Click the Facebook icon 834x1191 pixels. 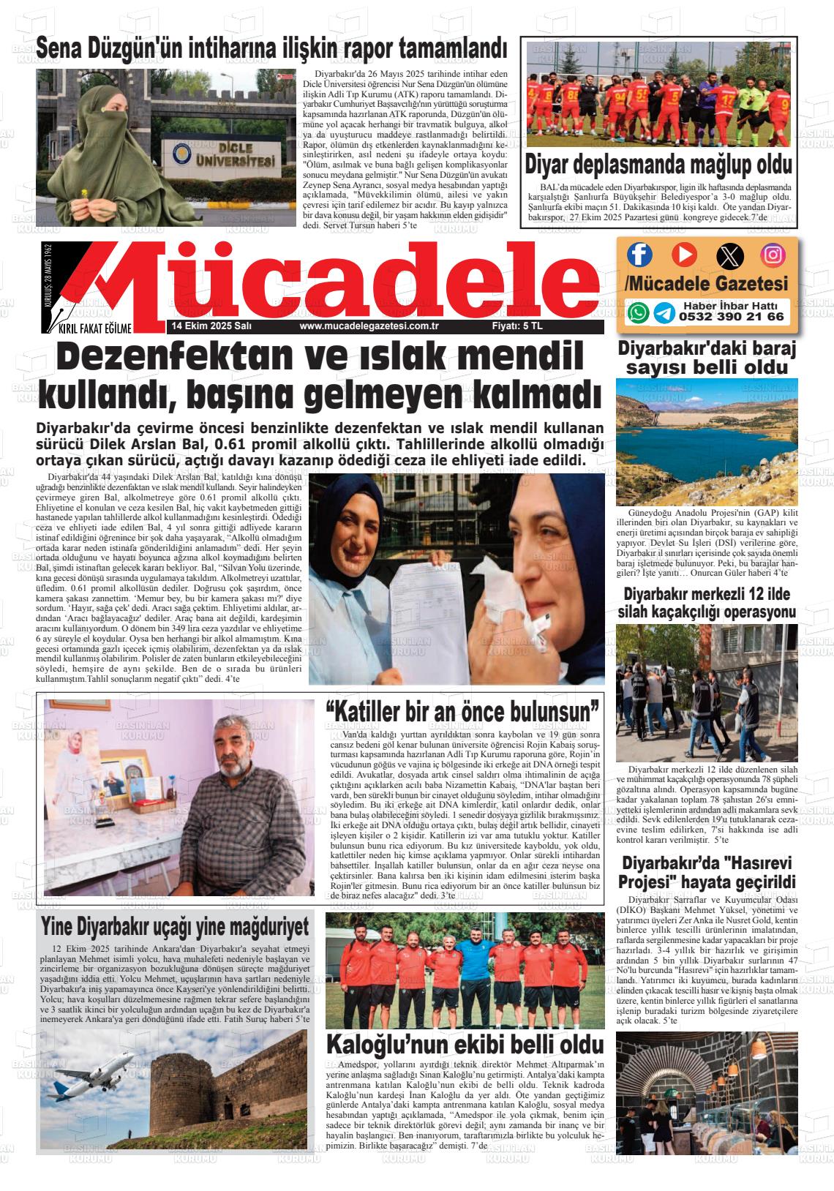coord(639,255)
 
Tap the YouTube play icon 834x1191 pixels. coord(684,255)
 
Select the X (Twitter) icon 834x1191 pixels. coord(729,255)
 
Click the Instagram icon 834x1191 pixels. coord(773,255)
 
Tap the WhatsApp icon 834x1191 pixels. coord(639,312)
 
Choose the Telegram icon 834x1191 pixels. coord(664,312)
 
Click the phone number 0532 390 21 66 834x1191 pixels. coord(731,318)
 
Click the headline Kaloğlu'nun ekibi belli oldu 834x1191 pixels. coord(465,1044)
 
